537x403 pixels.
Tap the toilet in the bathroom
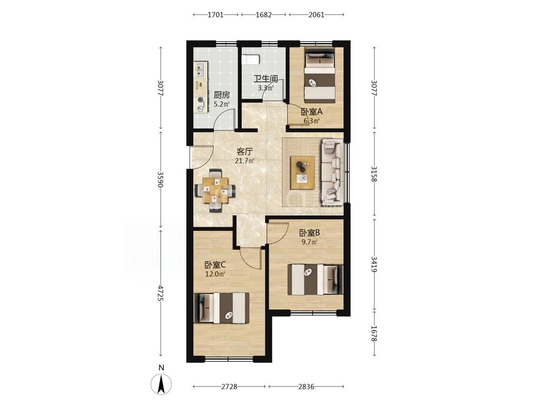pos(251,59)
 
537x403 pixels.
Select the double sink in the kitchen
pos(200,70)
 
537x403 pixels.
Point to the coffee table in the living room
pos(303,172)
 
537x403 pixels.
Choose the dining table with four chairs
pos(215,191)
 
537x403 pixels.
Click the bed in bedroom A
pos(320,74)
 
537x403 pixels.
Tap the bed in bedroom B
pos(315,279)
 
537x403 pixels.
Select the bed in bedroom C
pos(221,308)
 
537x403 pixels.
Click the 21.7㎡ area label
pos(244,161)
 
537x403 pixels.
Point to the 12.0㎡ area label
pos(215,274)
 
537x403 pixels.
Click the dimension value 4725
pos(160,293)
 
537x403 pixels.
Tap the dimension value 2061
pos(316,15)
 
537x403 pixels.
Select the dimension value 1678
pos(374,333)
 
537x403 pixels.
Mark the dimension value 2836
pos(306,387)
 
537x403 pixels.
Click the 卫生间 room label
pos(265,79)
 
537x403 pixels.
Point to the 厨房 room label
pos(221,95)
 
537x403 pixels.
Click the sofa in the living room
pos(332,172)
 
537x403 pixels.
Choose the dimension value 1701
pos(216,15)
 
